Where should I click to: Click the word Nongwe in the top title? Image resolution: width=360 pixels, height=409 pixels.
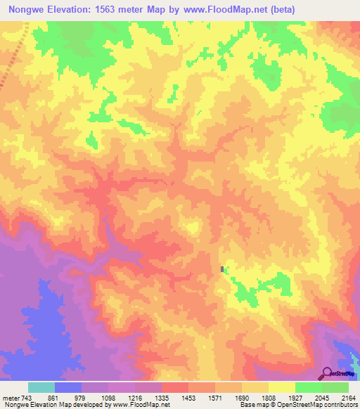pyautogui.click(x=27, y=9)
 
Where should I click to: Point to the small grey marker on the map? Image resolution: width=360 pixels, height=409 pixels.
pyautogui.click(x=223, y=269)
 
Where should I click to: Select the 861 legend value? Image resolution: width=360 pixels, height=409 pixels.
pyautogui.click(x=54, y=398)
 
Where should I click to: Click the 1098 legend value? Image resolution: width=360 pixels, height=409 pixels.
pyautogui.click(x=108, y=398)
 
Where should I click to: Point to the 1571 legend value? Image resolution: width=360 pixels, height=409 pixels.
pyautogui.click(x=215, y=398)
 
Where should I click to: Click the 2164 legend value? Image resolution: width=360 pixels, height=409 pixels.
pyautogui.click(x=347, y=398)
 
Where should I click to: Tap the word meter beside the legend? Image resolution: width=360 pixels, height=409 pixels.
pyautogui.click(x=11, y=398)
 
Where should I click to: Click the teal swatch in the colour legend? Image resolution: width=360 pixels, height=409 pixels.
pyautogui.click(x=41, y=387)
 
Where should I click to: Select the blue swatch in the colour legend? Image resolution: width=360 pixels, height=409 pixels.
pyautogui.click(x=68, y=387)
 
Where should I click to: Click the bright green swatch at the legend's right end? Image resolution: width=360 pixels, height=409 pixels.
pyautogui.click(x=335, y=387)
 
